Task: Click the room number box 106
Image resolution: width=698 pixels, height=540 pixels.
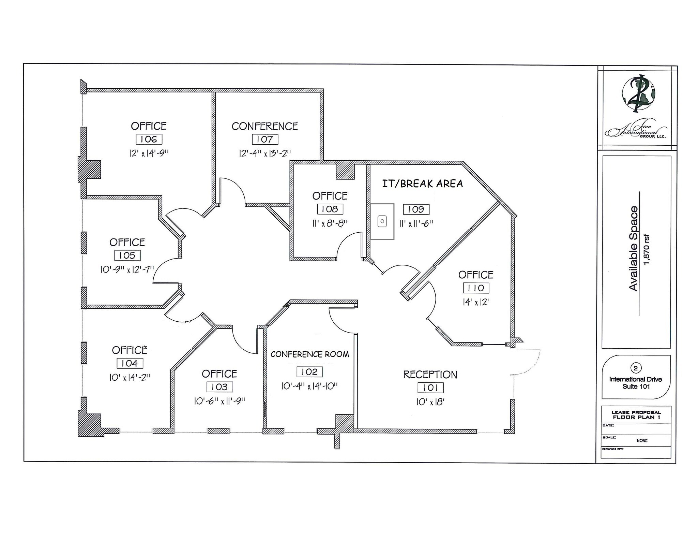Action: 149,139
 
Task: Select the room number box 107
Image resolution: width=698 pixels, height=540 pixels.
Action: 265,139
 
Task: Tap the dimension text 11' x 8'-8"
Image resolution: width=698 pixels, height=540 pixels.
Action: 330,223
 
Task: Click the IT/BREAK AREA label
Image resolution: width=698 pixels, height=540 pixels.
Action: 422,184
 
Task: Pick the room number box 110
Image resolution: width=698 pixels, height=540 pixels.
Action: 476,288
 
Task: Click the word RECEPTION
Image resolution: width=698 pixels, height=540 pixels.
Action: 430,375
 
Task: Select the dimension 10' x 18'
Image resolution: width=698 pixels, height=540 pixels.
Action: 430,402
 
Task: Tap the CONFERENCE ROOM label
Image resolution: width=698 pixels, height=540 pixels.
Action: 309,354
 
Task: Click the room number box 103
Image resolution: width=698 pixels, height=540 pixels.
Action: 219,387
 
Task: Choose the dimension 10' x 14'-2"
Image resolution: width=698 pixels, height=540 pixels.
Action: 130,378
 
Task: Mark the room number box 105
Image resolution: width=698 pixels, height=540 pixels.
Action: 127,256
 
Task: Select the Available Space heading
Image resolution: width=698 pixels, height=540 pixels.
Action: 633,248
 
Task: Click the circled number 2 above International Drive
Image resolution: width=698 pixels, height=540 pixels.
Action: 635,368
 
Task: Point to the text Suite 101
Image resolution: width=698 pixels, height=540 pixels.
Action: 636,386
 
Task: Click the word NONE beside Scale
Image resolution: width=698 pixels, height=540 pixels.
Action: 642,440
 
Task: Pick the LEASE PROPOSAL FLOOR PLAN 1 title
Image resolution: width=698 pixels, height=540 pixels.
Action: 636,415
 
